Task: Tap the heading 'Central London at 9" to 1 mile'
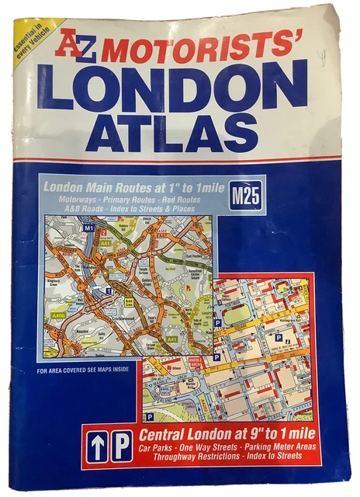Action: (x=227, y=433)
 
